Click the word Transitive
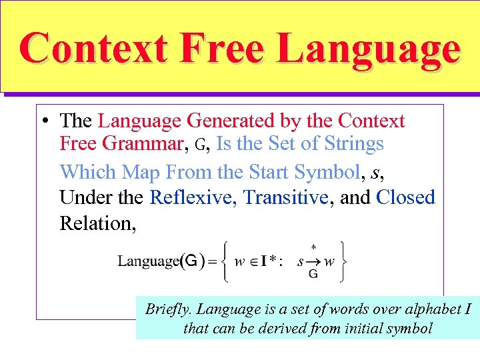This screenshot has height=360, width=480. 286,197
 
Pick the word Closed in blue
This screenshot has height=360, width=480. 405,197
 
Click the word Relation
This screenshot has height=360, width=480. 97,223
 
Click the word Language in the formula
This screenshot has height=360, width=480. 148,261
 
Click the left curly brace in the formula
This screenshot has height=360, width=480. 226,261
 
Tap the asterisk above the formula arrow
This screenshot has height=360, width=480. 313,247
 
